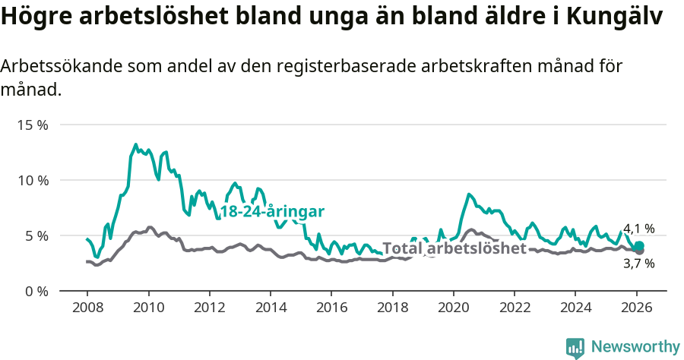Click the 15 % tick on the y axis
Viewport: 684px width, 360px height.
click(x=32, y=125)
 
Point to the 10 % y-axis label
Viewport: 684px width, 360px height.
click(x=32, y=180)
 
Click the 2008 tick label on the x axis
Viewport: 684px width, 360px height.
click(x=87, y=308)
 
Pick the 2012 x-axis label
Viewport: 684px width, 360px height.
click(x=209, y=308)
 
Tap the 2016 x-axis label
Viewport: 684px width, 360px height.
click(x=331, y=308)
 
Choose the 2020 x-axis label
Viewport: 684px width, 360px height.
click(x=454, y=308)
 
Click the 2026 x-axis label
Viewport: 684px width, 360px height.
click(x=637, y=308)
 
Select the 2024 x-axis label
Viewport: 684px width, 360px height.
click(x=575, y=308)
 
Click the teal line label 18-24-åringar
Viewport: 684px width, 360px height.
click(x=272, y=212)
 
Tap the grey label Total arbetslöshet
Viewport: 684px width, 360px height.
click(x=454, y=248)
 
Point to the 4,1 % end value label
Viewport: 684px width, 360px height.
click(x=638, y=229)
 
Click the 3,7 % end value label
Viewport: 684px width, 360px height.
click(x=638, y=264)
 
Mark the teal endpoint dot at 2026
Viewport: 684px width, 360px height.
click(x=639, y=246)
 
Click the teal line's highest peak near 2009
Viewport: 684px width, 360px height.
click(x=136, y=144)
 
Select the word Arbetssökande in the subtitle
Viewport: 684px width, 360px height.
click(x=56, y=67)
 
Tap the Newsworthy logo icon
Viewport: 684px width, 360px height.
click(x=575, y=348)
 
